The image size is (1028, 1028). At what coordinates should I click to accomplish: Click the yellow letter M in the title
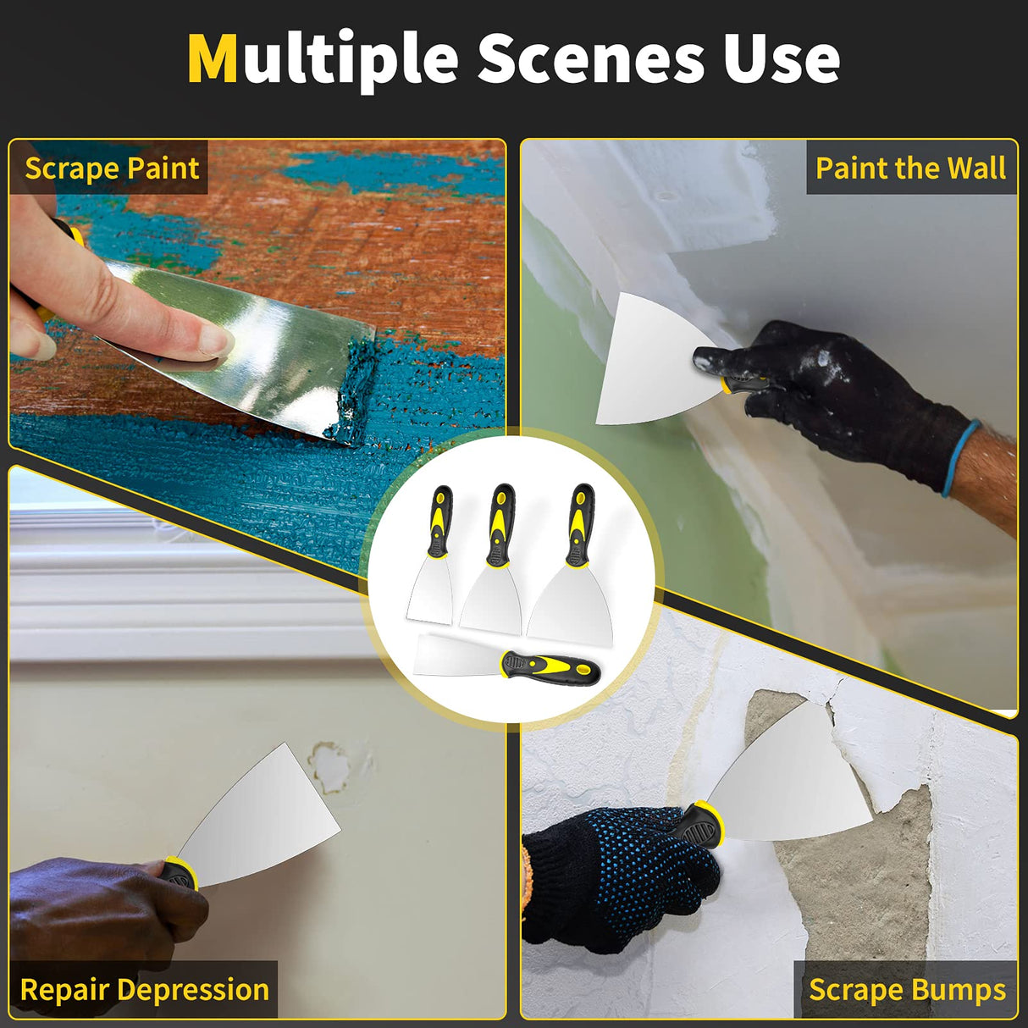tap(213, 59)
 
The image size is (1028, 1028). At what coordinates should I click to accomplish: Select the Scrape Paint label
tap(112, 168)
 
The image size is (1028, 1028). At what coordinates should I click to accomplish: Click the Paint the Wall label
tap(910, 168)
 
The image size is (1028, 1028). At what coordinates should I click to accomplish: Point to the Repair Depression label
tap(144, 989)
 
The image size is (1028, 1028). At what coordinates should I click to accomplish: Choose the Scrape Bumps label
tap(907, 989)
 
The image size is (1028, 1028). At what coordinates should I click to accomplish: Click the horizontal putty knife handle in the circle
tap(550, 668)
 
